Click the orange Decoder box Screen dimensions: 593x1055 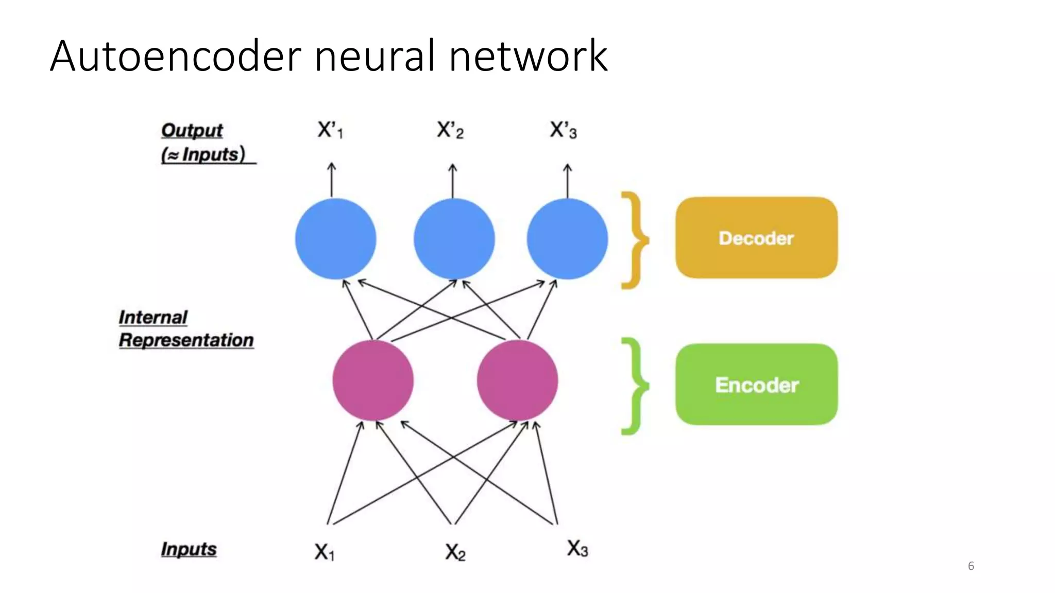pos(756,238)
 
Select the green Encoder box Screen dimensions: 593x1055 pos(756,385)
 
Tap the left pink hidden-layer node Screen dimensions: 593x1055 pos(373,380)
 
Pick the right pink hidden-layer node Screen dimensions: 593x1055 pos(517,380)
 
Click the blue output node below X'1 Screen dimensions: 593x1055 pos(335,239)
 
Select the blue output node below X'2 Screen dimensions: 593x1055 pos(454,239)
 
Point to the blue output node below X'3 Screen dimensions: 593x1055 pos(567,239)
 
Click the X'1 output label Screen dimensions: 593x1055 pos(330,130)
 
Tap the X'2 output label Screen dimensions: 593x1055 pos(450,130)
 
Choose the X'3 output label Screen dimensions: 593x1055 pos(563,130)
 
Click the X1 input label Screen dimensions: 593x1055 pos(325,552)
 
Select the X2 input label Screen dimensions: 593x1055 pos(455,552)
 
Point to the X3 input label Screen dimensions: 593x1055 pos(577,548)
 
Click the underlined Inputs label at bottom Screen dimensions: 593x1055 pos(189,549)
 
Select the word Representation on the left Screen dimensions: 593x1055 pos(186,340)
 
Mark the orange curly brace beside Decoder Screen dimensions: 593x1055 pos(634,240)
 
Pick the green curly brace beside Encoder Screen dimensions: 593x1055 pos(634,386)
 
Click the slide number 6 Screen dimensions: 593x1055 pos(971,566)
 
